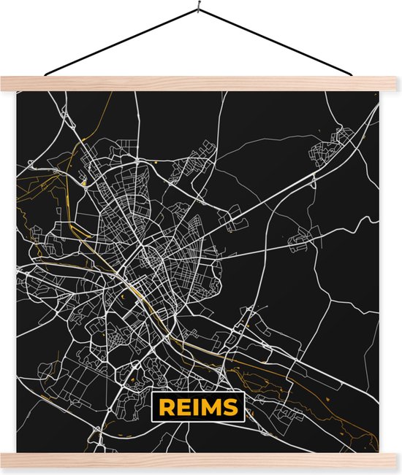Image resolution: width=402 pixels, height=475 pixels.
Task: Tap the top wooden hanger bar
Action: coord(201,84)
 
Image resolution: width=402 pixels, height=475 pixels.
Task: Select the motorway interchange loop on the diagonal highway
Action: coord(238,206)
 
